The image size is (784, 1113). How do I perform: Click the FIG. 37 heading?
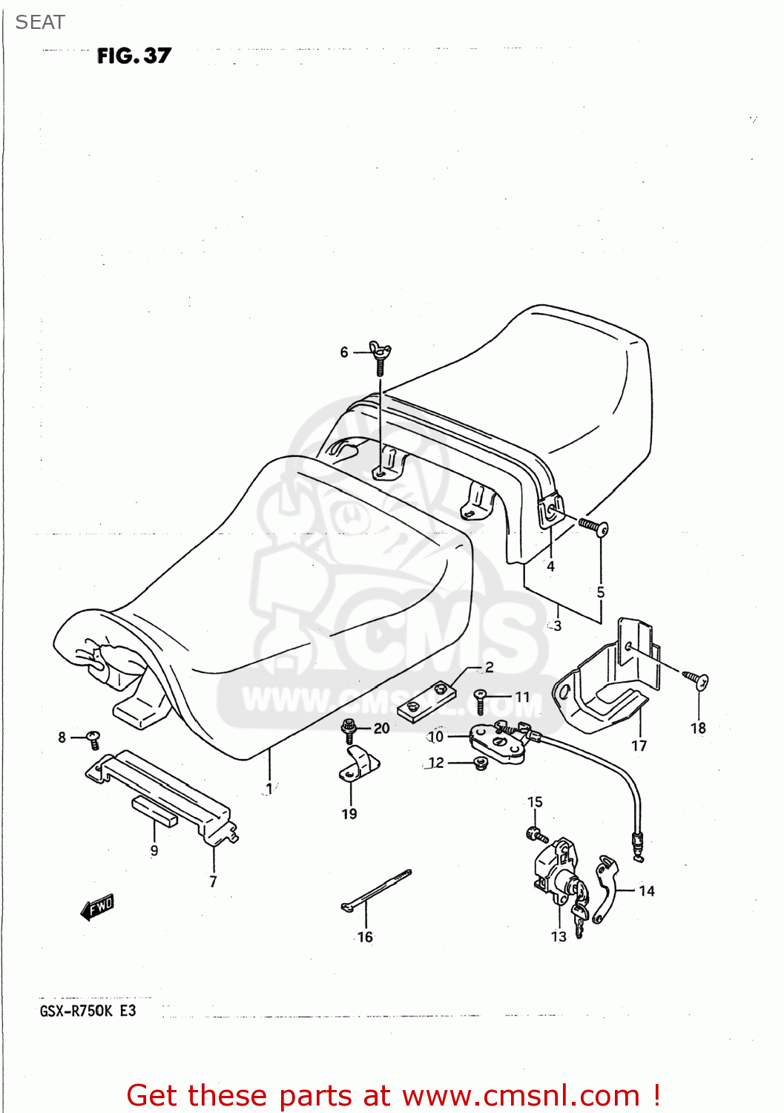134,56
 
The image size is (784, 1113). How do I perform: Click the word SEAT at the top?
40,23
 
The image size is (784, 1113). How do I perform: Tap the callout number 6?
344,352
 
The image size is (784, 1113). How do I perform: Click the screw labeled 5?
593,527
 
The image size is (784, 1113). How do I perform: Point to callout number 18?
698,729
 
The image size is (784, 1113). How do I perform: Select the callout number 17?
639,746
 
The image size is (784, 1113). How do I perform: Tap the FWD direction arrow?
97,907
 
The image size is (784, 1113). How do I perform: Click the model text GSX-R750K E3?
88,1011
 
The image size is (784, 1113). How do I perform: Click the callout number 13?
559,937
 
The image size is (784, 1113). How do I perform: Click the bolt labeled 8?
93,738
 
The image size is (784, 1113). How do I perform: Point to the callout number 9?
154,850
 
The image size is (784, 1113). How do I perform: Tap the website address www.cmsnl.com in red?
521,1095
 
